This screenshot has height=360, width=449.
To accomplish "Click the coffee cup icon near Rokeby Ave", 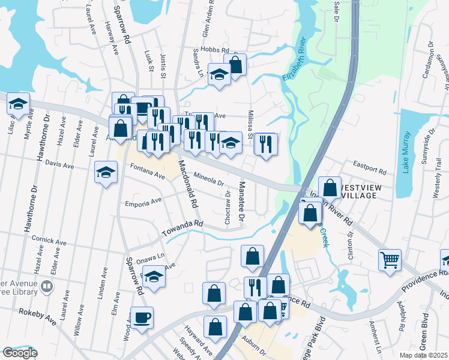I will [142, 317].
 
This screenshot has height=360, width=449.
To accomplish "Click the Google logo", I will [19, 353].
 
